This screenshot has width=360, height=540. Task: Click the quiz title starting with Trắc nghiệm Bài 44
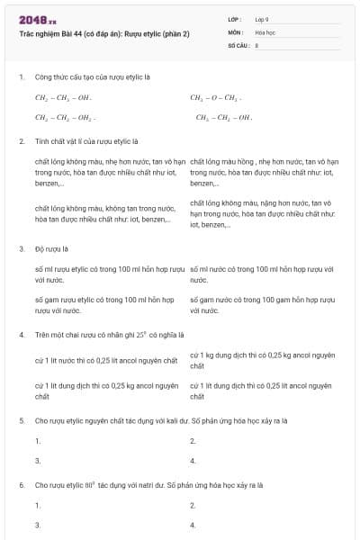pyautogui.click(x=104, y=33)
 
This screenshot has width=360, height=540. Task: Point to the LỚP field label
pyautogui.click(x=235, y=19)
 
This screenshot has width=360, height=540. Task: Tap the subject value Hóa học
pyautogui.click(x=264, y=31)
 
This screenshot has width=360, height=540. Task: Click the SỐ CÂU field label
pyautogui.click(x=238, y=44)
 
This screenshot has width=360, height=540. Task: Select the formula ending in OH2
pyautogui.click(x=66, y=117)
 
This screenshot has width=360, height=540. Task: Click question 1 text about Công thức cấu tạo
pyautogui.click(x=85, y=76)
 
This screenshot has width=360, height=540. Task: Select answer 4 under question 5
pyautogui.click(x=193, y=461)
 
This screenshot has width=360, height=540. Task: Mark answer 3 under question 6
pyautogui.click(x=38, y=524)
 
